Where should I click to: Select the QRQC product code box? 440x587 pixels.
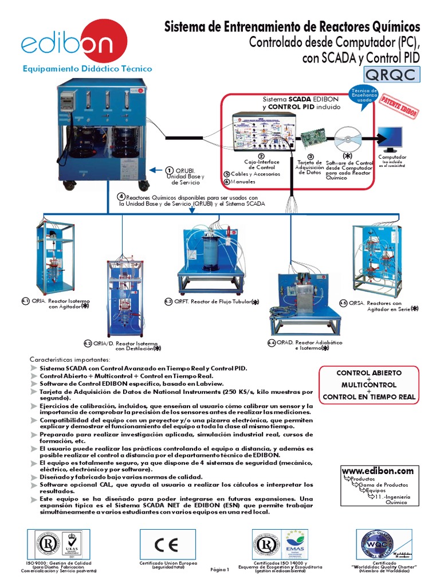(391, 75)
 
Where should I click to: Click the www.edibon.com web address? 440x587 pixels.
(377, 471)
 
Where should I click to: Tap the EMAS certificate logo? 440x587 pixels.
(296, 543)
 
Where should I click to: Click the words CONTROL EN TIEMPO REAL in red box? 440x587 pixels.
(369, 396)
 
